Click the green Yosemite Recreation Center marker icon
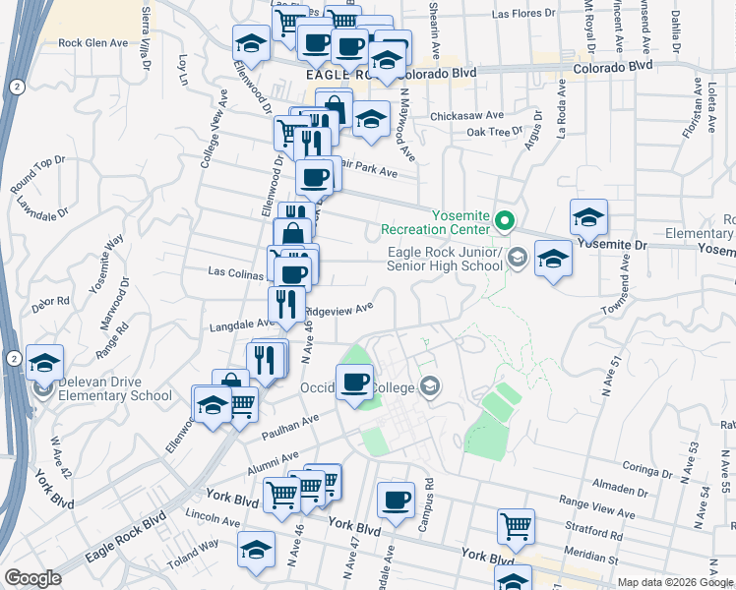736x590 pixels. pyautogui.click(x=506, y=220)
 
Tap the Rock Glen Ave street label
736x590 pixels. pyautogui.click(x=93, y=43)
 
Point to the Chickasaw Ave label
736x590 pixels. pyautogui.click(x=467, y=114)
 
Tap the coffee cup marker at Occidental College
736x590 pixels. pyautogui.click(x=354, y=383)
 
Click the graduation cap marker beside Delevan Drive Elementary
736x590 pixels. pyautogui.click(x=44, y=364)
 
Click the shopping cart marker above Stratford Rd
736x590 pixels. pyautogui.click(x=516, y=526)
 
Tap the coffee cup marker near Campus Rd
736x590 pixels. pyautogui.click(x=396, y=501)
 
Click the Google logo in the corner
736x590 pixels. pyautogui.click(x=32, y=578)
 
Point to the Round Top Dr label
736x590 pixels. pyautogui.click(x=37, y=174)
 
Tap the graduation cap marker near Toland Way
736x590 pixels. pyautogui.click(x=257, y=550)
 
